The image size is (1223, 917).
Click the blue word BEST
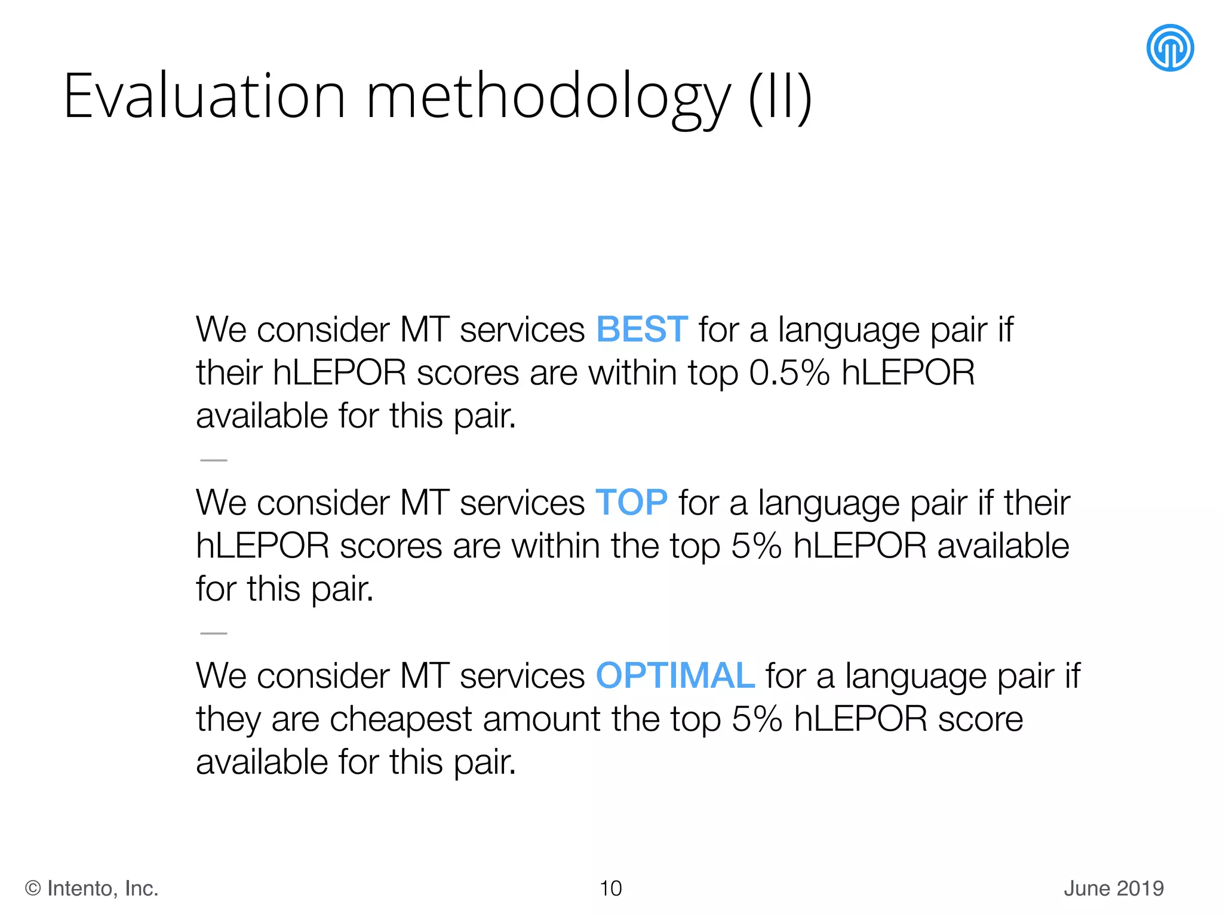coord(642,330)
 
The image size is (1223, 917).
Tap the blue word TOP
coord(631,503)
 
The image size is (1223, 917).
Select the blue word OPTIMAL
coord(675,676)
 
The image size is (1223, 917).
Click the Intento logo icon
coord(1170,48)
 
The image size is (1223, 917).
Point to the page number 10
coord(610,888)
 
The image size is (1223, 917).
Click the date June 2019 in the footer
coord(1114,888)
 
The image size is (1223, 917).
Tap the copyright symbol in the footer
coord(33,889)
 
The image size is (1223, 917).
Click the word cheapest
coord(401,719)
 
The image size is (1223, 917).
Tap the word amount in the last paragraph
coord(542,719)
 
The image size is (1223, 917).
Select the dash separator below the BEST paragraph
coord(214,460)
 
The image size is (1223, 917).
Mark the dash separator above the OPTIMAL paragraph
coord(214,633)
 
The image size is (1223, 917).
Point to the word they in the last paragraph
coord(229,719)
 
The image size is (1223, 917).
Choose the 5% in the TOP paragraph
coord(756,546)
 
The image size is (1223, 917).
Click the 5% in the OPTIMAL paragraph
coord(757,719)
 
